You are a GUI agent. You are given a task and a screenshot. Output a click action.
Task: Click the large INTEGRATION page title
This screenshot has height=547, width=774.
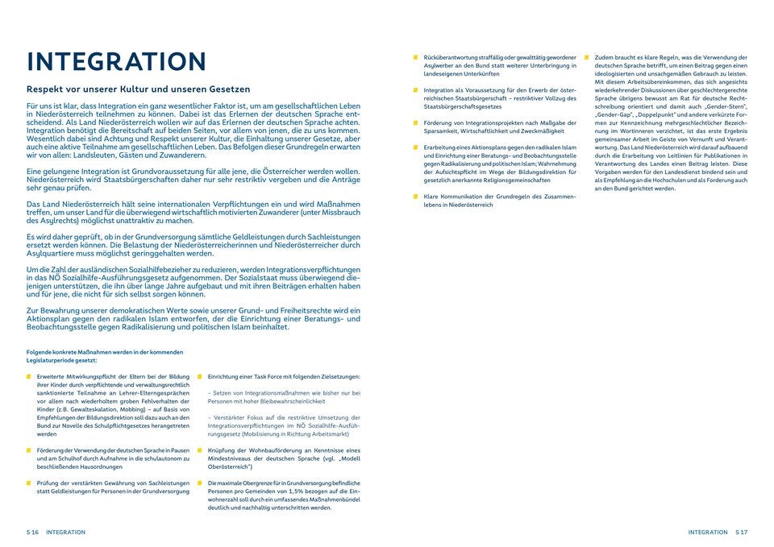pyautogui.click(x=116, y=61)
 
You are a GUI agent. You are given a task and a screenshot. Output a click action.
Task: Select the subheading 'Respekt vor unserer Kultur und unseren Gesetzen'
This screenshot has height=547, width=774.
pyautogui.click(x=138, y=89)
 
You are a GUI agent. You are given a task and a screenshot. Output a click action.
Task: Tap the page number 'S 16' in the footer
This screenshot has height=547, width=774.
pyautogui.click(x=32, y=532)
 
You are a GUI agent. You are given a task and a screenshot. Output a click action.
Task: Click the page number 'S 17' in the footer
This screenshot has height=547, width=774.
pyautogui.click(x=742, y=532)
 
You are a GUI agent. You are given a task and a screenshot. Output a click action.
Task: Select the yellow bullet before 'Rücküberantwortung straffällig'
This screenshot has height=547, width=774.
pyautogui.click(x=415, y=58)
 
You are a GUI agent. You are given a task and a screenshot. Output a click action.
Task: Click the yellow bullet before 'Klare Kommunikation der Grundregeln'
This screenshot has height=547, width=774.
pyautogui.click(x=415, y=197)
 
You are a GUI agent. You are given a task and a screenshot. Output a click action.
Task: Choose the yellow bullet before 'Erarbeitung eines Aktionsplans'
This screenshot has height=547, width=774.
pyautogui.click(x=415, y=147)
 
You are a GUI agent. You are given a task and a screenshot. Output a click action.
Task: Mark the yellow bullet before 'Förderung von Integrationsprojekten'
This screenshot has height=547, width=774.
pyautogui.click(x=415, y=122)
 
